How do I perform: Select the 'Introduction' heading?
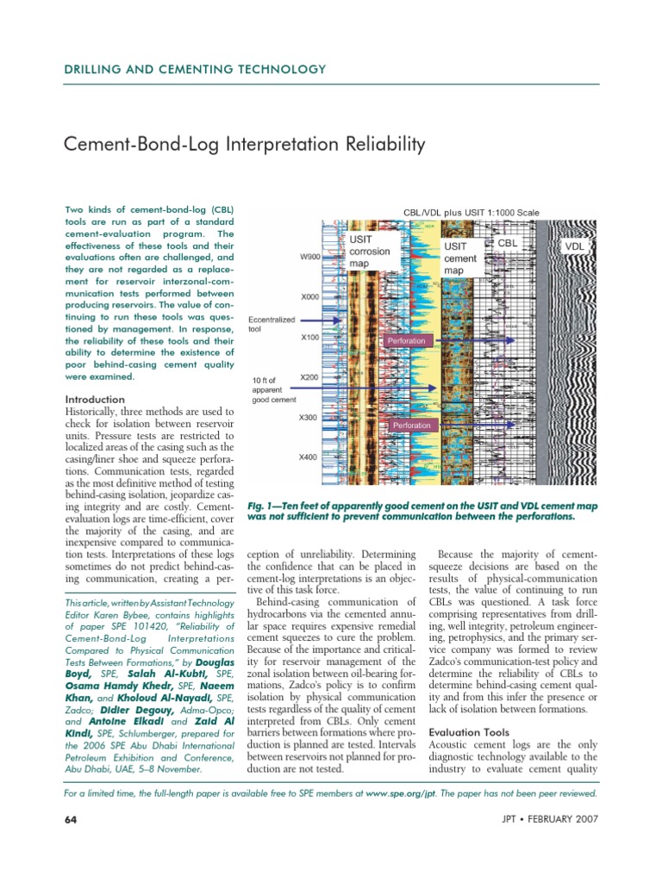[96, 400]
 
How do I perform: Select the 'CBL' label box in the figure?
[508, 244]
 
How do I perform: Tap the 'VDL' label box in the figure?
[574, 247]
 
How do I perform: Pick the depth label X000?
[309, 297]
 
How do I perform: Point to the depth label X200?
[309, 377]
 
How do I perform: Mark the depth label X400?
[308, 457]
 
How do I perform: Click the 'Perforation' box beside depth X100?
[407, 341]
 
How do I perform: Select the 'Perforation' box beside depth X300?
[412, 425]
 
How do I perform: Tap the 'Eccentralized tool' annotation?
[271, 323]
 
